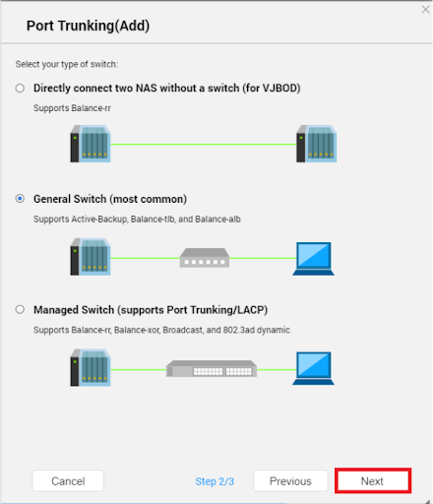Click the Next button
coord(373,480)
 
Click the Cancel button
coord(68,480)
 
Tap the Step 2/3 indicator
coord(215,481)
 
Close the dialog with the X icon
coord(425,10)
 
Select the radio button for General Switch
coord(20,199)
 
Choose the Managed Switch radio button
coord(20,309)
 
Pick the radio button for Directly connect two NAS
coord(20,89)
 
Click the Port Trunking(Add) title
coord(88,26)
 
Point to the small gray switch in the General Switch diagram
coord(205,258)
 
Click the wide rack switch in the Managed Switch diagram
coord(212,368)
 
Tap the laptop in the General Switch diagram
coord(313,259)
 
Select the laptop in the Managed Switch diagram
coord(313,368)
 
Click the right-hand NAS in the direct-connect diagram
coord(317,144)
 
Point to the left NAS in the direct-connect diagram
coord(91,144)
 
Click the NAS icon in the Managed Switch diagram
coord(91,367)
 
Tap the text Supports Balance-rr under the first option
coord(72,108)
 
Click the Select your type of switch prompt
coord(67,64)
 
